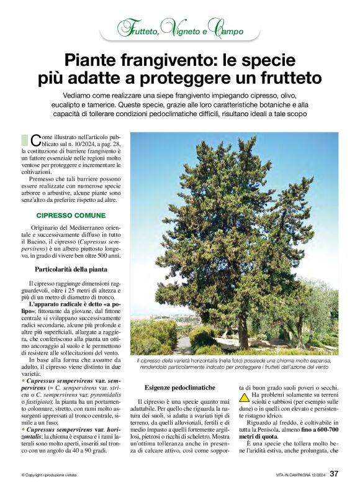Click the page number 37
click(334, 473)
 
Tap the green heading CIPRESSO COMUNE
click(71, 215)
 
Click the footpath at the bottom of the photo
click(183, 345)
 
